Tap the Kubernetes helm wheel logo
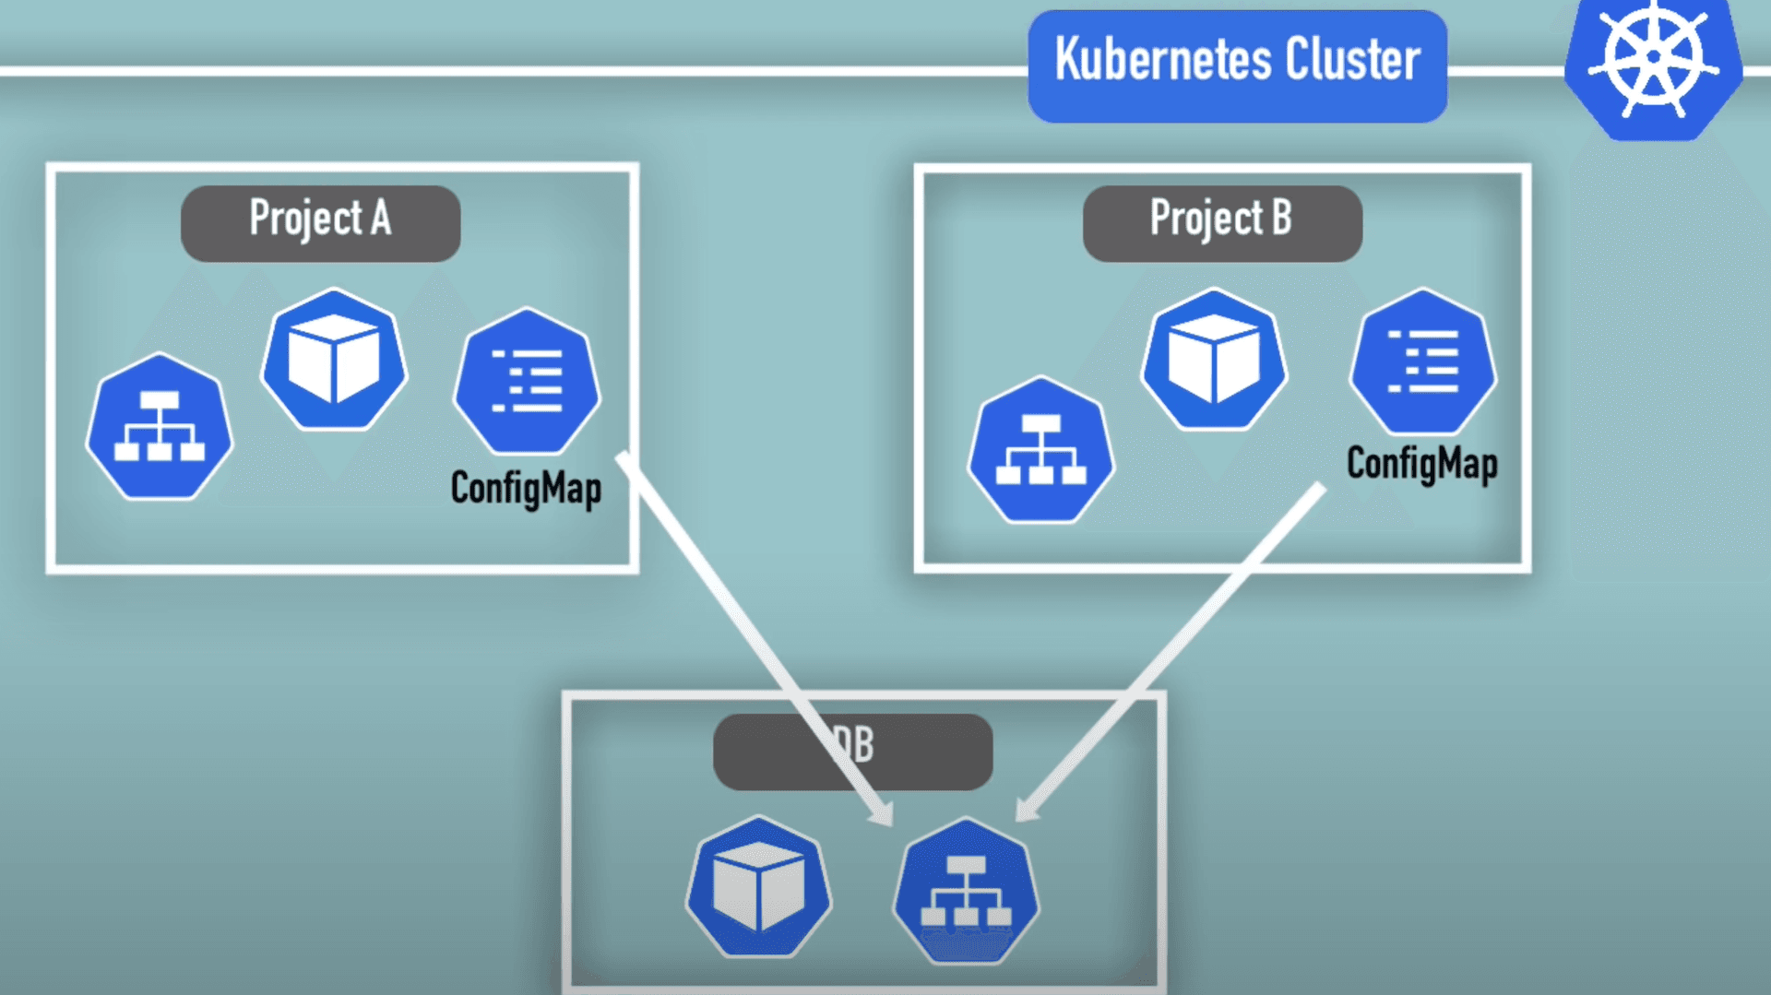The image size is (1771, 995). (1653, 60)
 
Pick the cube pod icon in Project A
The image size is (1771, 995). (334, 360)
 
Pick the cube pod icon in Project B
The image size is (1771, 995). (1214, 360)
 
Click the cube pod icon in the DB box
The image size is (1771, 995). (758, 887)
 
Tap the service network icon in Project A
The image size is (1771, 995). (160, 427)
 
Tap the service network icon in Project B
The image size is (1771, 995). (1041, 450)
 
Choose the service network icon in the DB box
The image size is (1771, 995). (966, 891)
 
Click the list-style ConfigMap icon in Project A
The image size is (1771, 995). (527, 381)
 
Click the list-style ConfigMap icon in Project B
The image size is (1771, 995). (1422, 361)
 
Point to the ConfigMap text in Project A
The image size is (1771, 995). (526, 488)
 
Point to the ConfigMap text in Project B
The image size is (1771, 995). (1421, 463)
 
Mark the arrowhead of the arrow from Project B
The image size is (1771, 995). (1025, 810)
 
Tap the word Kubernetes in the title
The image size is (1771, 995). (1162, 60)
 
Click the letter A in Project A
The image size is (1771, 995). (381, 219)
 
